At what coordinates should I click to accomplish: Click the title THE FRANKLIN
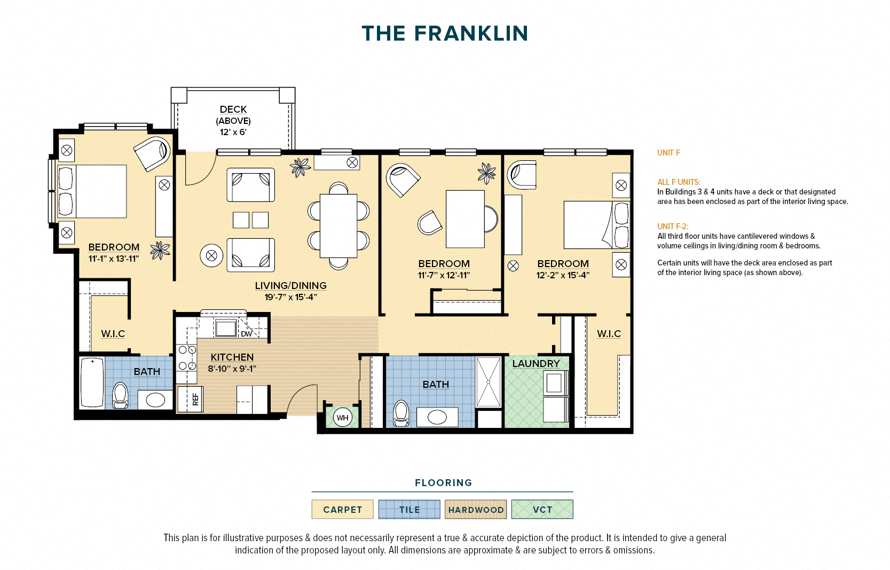point(445,33)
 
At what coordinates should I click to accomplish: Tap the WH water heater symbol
point(342,418)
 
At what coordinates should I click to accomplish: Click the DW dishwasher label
point(246,334)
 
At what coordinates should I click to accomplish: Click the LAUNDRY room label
point(535,363)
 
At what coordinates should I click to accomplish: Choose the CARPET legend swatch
point(342,509)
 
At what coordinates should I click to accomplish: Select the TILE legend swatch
point(409,509)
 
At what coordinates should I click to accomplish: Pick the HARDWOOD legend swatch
point(475,509)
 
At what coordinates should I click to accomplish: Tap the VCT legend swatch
point(542,509)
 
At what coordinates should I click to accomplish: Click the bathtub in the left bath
point(91,382)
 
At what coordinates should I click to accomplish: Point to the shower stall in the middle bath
point(488,382)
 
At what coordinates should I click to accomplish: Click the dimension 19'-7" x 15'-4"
point(290,297)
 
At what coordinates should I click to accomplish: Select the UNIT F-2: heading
point(673,226)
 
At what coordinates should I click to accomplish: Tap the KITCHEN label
point(232,357)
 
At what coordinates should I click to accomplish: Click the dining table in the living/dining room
point(338,225)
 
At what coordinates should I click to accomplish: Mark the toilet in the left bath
point(121,395)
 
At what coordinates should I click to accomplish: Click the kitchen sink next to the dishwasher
point(225,327)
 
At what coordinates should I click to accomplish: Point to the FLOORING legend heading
point(443,482)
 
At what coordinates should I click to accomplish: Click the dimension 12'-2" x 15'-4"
point(563,275)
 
